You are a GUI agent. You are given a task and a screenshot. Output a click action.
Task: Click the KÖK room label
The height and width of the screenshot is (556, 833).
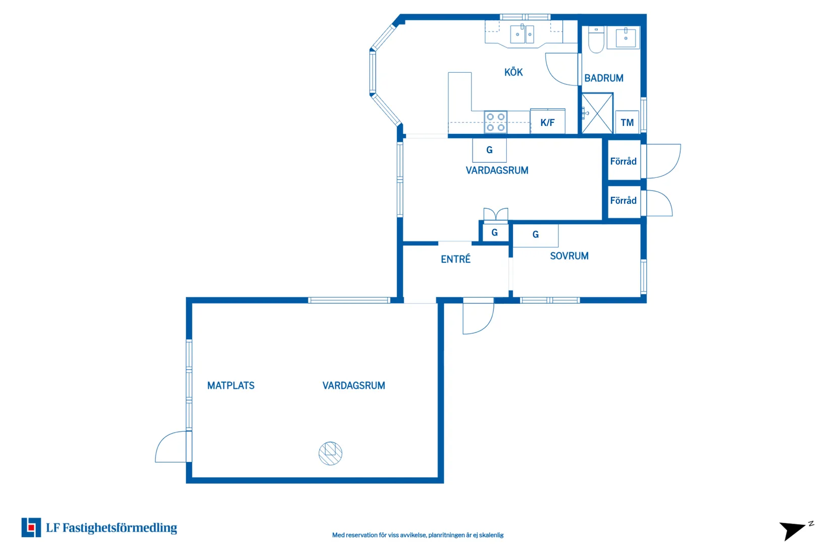[x=513, y=72]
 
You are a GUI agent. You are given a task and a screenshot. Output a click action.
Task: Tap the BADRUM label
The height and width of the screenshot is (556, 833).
[x=604, y=78]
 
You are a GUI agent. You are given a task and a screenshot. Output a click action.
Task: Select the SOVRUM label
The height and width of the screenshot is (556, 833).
[x=569, y=256]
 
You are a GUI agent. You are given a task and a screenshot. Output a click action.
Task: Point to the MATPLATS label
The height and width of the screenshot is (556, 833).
[x=231, y=386]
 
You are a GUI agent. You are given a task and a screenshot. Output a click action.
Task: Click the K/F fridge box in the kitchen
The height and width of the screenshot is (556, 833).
[x=547, y=121]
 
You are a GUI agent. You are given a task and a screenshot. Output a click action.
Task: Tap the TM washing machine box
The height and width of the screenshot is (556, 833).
[x=627, y=122]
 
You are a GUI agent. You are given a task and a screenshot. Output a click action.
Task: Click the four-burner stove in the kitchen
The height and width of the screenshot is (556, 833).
[x=495, y=122]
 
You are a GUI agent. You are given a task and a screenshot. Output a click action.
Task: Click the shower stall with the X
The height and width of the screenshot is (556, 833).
[x=597, y=113]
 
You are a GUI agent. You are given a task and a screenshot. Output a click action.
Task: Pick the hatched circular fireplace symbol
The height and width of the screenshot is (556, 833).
[x=330, y=453]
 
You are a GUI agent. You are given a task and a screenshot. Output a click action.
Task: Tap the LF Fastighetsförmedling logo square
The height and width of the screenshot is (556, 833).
[x=31, y=527]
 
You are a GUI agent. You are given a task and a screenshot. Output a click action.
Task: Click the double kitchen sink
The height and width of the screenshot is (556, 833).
[x=522, y=34]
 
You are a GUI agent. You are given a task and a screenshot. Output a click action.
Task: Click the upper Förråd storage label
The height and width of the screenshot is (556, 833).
[x=623, y=161]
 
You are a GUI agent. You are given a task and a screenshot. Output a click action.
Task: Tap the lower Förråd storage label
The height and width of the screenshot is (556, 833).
[x=623, y=200]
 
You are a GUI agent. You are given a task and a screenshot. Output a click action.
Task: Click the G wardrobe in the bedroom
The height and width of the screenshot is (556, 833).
[x=536, y=235]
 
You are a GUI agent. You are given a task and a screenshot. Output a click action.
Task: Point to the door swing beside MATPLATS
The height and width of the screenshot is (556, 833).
[x=171, y=447]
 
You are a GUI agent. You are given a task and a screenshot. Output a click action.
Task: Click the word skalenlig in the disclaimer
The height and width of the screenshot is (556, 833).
[x=491, y=535]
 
